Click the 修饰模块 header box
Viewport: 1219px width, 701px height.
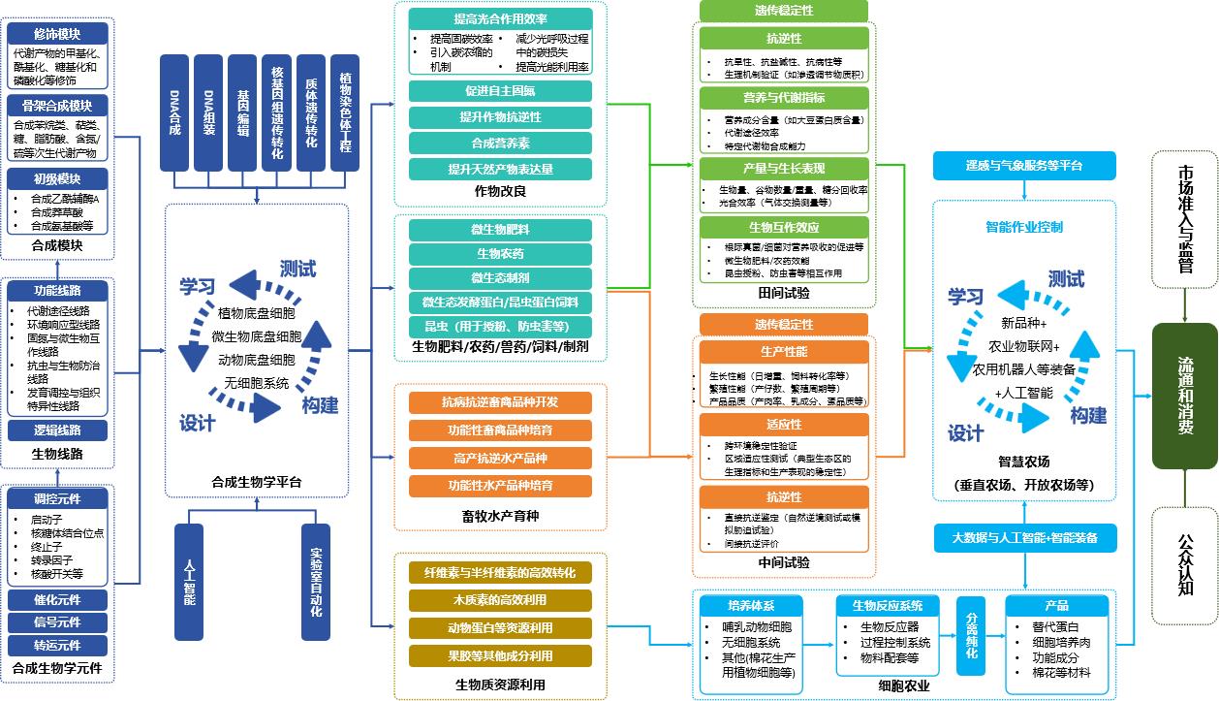[x=57, y=34]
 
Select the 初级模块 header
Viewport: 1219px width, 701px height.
[x=57, y=179]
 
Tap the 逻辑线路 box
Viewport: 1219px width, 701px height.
[x=57, y=430]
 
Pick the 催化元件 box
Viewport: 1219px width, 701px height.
[x=57, y=600]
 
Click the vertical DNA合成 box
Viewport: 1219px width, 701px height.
[x=174, y=112]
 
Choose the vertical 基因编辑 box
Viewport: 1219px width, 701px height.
[x=242, y=112]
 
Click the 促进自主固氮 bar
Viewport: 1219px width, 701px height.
[x=500, y=91]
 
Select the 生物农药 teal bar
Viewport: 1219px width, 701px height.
[x=500, y=254]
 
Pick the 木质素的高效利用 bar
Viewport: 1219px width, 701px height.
[x=500, y=600]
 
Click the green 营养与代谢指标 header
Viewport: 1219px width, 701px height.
[x=783, y=97]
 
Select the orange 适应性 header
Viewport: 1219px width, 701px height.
[x=783, y=425]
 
